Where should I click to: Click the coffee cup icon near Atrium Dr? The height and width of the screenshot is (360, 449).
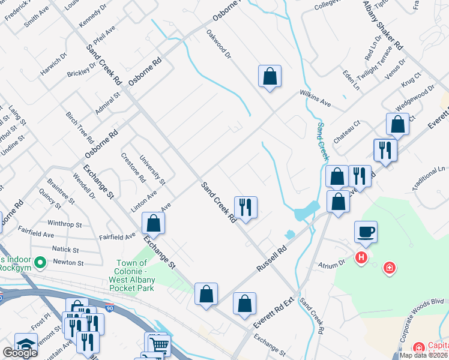tap(366, 231)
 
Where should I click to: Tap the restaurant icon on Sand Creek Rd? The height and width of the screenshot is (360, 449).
tap(246, 208)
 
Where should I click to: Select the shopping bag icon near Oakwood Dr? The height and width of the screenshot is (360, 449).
tap(270, 76)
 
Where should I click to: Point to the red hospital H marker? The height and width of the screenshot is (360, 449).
tap(361, 258)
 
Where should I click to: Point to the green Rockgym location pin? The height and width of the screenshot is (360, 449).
tap(41, 262)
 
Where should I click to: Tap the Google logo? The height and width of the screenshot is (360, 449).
tap(20, 353)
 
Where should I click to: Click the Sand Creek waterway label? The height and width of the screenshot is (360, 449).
tap(323, 142)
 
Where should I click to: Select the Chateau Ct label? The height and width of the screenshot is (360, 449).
tap(347, 130)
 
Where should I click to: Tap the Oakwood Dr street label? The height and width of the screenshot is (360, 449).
tap(218, 44)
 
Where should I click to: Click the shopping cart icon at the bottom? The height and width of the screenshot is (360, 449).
tap(160, 345)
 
